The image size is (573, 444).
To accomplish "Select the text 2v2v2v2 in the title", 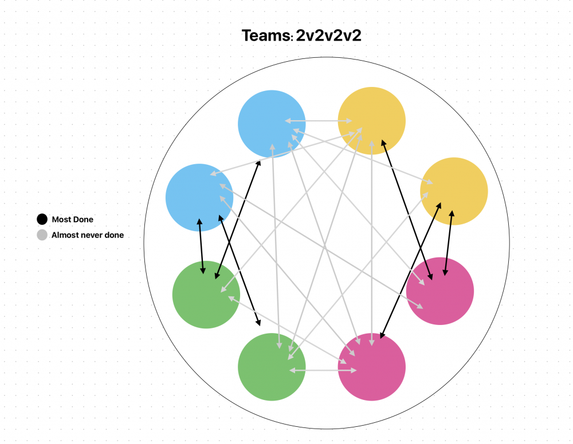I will click(328, 36).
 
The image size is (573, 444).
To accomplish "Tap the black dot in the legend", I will click(42, 219).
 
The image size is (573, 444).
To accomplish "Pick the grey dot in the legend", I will click(42, 235).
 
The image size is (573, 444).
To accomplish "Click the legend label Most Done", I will click(72, 219).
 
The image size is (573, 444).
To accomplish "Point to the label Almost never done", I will click(87, 235).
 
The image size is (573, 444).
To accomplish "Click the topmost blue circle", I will click(272, 123).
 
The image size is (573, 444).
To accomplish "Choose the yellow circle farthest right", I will click(454, 191).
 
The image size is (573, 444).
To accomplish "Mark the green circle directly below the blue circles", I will click(206, 295).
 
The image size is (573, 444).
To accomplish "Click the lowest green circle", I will click(272, 367).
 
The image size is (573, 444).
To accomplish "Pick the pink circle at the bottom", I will click(372, 367).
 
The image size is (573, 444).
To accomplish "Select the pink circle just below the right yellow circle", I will click(440, 291).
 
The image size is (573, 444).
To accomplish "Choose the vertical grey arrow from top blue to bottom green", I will click(276, 246).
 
